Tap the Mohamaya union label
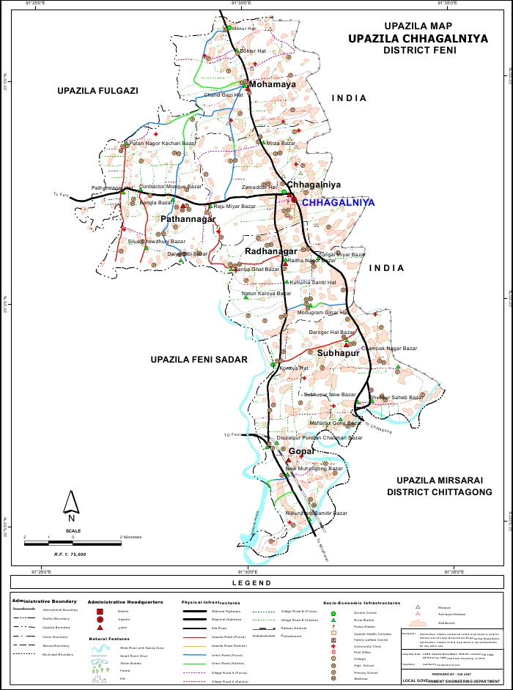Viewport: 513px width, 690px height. pos(272,84)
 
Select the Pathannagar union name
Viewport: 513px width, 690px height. pos(188,219)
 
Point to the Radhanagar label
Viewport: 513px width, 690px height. pos(265,251)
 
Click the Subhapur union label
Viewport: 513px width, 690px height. pos(338,352)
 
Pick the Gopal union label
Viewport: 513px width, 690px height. pos(301,450)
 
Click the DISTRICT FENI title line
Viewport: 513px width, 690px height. pos(419,51)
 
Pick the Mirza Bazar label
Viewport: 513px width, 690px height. pos(279,144)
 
